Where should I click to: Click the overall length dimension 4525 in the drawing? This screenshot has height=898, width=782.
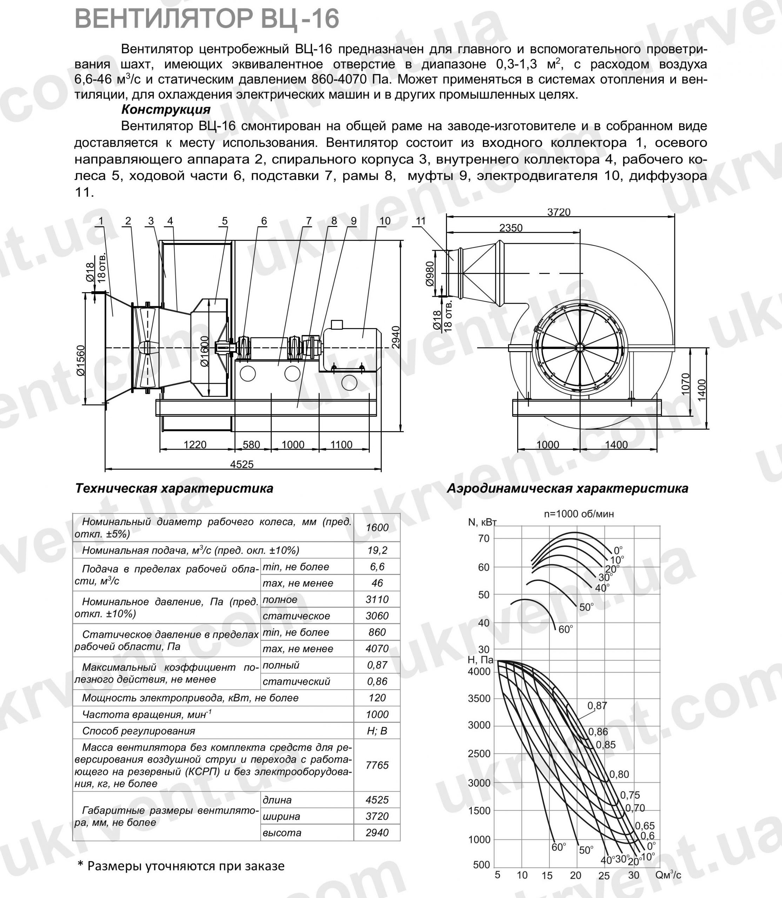[x=242, y=464]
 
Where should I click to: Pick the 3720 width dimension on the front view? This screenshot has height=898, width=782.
[x=559, y=212]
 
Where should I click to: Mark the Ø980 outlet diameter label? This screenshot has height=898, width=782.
[x=430, y=274]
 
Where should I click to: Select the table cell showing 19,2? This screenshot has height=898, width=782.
[x=377, y=551]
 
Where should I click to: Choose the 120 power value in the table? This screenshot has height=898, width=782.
[x=377, y=698]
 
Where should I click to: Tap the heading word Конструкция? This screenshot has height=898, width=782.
[x=166, y=109]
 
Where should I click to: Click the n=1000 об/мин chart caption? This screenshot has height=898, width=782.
[x=579, y=514]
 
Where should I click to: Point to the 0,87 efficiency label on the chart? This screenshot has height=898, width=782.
[x=597, y=705]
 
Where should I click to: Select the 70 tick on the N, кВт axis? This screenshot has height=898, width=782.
[x=484, y=538]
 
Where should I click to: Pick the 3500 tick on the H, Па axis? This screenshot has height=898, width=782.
[x=479, y=698]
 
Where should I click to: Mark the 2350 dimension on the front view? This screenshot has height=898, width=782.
[x=510, y=228]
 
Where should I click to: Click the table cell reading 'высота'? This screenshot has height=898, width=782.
[x=282, y=832]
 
